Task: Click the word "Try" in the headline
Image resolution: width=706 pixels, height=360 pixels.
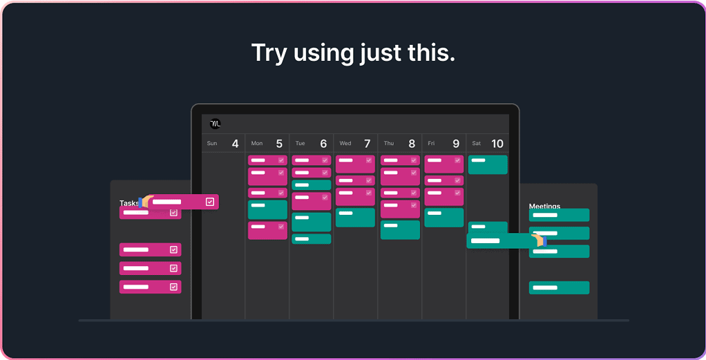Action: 269,53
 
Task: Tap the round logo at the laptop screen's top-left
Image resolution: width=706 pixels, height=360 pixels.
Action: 216,124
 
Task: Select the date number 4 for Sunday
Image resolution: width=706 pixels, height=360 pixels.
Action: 235,144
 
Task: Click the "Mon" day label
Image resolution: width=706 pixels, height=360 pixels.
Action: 257,144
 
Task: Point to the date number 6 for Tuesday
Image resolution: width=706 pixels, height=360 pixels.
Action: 323,144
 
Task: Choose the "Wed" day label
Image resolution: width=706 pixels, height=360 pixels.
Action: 345,144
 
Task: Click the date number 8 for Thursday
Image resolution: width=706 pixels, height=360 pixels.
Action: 412,144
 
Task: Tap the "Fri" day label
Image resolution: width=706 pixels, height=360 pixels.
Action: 431,144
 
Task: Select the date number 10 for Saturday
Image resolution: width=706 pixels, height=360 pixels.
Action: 497,144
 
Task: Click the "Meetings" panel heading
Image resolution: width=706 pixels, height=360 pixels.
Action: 544,206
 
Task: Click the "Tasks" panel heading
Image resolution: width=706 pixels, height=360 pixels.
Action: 129,203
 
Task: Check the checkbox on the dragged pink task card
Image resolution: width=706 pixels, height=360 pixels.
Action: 210,202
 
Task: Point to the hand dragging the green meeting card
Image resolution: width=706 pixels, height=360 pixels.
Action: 539,240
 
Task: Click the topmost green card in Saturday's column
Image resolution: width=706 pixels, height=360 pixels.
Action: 488,164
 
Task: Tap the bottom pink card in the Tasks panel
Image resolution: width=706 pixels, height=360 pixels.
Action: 151,287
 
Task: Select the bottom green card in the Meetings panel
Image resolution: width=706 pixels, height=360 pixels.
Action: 559,287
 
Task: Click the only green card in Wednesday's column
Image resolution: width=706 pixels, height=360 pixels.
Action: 355,218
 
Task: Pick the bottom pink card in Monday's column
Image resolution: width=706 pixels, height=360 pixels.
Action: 267,230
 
